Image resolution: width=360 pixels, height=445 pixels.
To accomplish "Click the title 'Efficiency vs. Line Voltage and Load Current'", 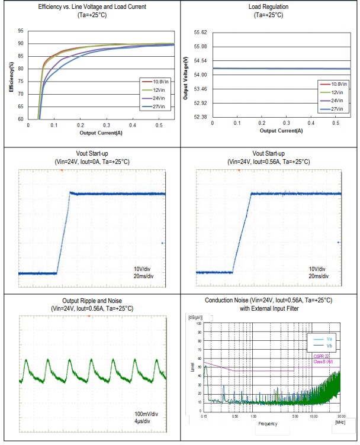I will point(91,7).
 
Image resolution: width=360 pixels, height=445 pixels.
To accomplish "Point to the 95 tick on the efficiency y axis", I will point(21,31).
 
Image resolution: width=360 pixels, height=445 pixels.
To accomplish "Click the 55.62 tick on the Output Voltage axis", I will point(200,33).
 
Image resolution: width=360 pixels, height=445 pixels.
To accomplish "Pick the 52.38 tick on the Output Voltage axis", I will point(200,117).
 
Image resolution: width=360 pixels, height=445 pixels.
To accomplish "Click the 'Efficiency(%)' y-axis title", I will point(12,74).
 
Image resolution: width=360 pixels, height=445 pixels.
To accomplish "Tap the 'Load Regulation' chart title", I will point(269,7).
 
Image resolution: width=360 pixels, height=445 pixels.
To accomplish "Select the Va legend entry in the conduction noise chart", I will point(329,338).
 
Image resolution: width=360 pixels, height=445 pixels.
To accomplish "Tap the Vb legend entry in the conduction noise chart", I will point(329,345).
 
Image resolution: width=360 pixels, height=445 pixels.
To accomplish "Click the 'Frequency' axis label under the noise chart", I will point(267,424).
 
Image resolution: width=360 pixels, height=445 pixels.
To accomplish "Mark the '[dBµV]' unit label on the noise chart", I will point(196,318).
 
